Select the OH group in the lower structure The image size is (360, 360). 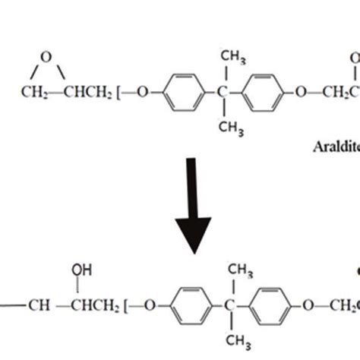pos(79,268)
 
